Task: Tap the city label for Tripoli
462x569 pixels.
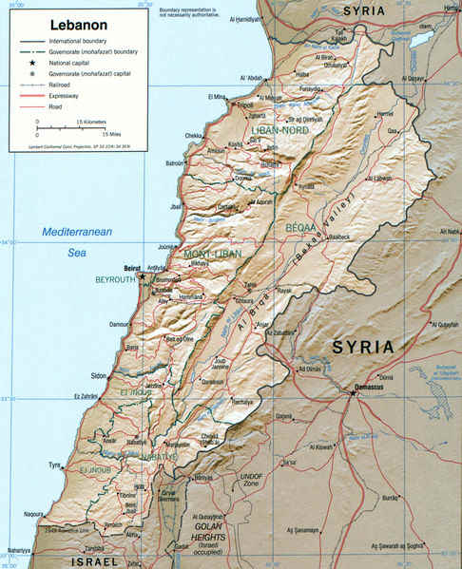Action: pyautogui.click(x=245, y=105)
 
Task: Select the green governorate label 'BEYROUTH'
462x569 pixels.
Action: pyautogui.click(x=117, y=281)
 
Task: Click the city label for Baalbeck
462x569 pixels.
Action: pyautogui.click(x=340, y=237)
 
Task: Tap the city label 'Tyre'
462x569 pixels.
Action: pyautogui.click(x=55, y=465)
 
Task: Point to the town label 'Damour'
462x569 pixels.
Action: pyautogui.click(x=121, y=326)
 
